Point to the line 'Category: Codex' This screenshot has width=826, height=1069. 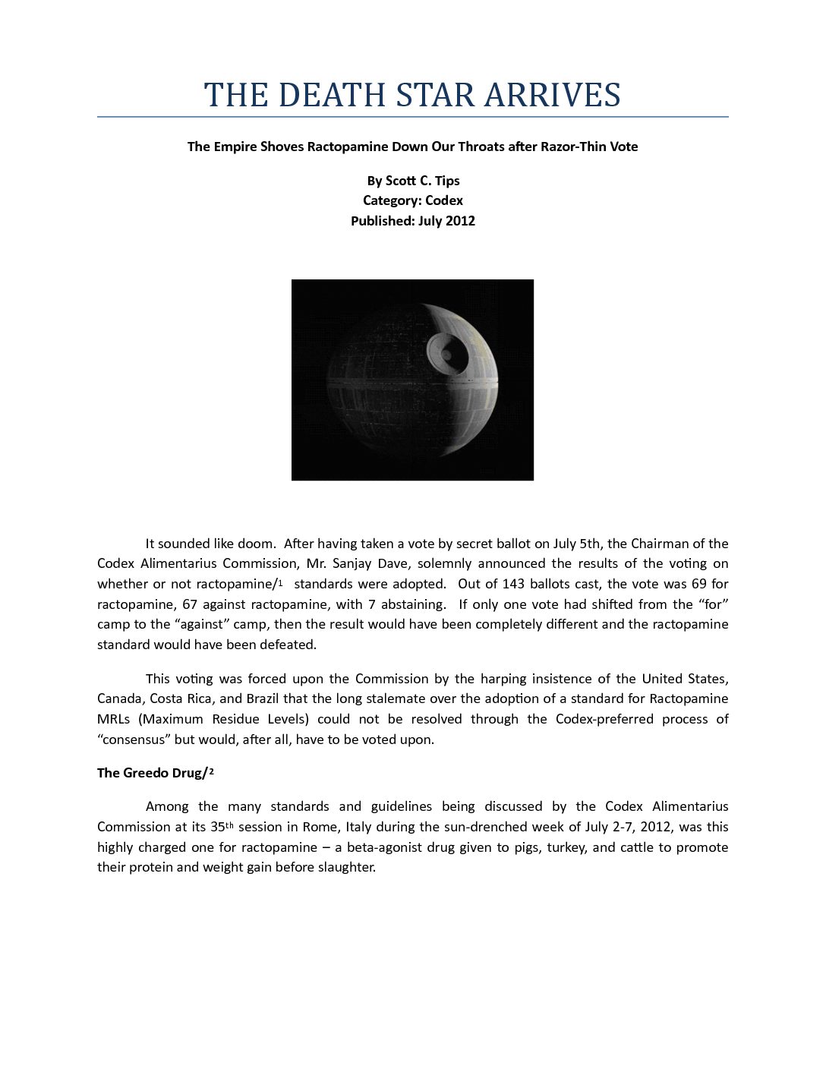413,200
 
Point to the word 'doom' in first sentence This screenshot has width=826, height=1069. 254,544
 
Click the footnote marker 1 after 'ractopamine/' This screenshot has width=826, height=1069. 280,582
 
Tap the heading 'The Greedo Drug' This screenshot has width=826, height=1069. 150,773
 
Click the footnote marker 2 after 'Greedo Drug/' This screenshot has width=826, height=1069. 212,771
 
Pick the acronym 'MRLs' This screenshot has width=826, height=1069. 113,719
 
